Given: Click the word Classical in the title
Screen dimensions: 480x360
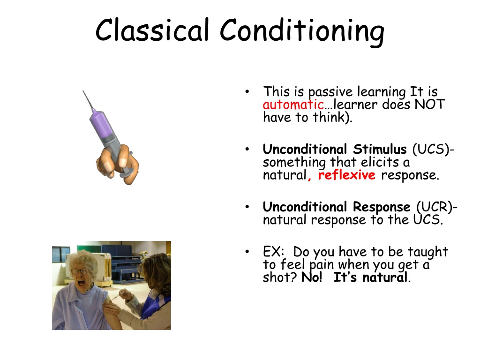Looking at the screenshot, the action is point(152,30).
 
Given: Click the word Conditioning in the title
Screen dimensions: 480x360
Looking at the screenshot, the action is point(302,32).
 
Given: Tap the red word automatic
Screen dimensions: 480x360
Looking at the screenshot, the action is point(293,105).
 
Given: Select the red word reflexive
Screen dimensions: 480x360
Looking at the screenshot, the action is point(346,175).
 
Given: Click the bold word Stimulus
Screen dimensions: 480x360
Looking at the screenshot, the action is point(380,149).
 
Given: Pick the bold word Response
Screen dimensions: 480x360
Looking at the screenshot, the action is point(382,207).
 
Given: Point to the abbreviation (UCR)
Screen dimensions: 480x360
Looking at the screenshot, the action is point(435,207).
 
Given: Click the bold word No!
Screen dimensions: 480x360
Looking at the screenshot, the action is point(312,277).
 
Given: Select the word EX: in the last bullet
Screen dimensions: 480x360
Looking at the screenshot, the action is point(274,252).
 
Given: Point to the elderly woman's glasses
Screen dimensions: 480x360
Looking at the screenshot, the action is point(82,271).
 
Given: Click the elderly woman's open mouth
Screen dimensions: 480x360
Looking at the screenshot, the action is point(82,282).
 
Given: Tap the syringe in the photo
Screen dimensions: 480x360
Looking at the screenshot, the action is point(116,296).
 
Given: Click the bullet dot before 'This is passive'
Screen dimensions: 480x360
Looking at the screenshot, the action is point(247,91).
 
